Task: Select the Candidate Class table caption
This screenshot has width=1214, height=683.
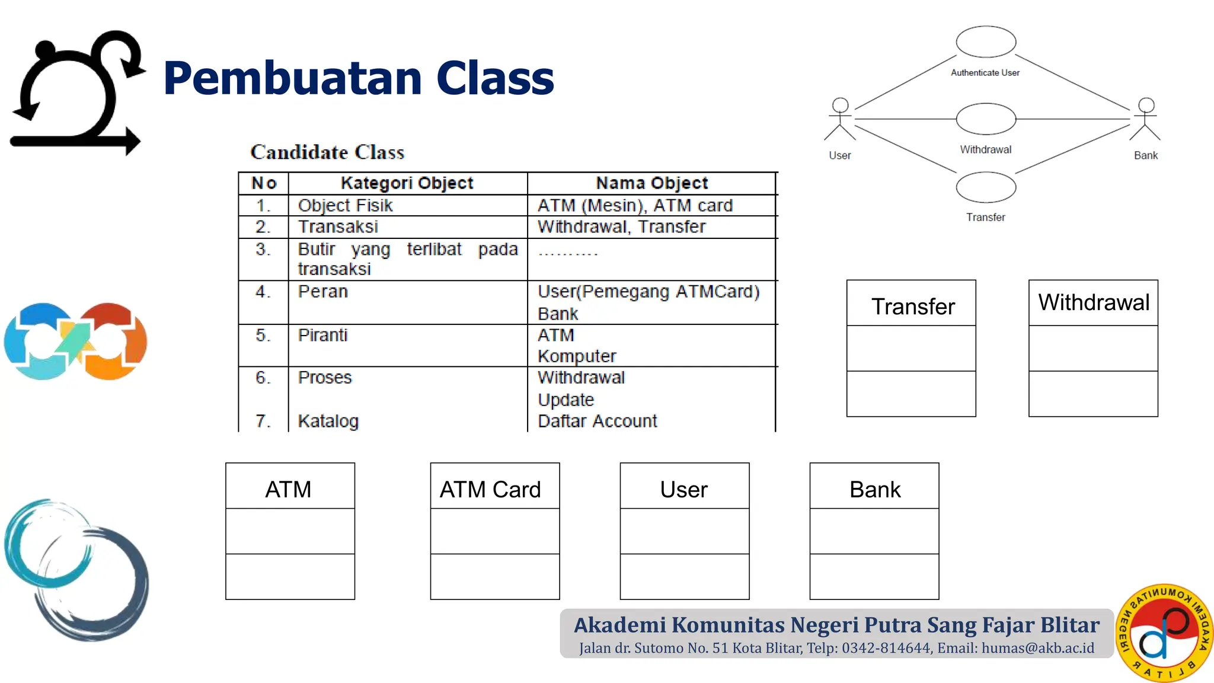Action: [x=327, y=152]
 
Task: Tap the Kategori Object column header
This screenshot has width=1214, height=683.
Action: [x=407, y=183]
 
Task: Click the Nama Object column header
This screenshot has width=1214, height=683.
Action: [x=651, y=183]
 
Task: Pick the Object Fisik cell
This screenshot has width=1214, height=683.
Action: [x=345, y=206]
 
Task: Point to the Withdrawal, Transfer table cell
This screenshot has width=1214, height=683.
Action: [x=621, y=227]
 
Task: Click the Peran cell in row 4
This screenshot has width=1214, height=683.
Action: [x=323, y=292]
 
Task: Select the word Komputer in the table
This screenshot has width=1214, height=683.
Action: [x=577, y=356]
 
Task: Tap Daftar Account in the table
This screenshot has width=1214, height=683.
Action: [x=597, y=421]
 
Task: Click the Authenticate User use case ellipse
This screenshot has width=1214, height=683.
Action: [x=986, y=42]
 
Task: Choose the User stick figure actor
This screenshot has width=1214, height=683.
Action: [x=840, y=120]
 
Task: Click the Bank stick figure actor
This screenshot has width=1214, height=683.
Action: [x=1146, y=120]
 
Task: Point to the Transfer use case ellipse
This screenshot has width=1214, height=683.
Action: [x=986, y=187]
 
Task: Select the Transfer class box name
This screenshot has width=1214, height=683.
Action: [x=913, y=307]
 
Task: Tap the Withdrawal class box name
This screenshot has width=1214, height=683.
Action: [x=1094, y=302]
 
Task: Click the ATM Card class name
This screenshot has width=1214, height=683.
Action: [x=490, y=490]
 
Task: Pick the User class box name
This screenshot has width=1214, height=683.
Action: [x=684, y=490]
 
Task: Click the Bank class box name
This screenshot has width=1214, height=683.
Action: [x=875, y=490]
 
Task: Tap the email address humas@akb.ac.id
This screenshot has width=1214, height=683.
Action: [x=1037, y=648]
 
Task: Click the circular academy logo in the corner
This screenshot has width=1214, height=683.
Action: [x=1164, y=632]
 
